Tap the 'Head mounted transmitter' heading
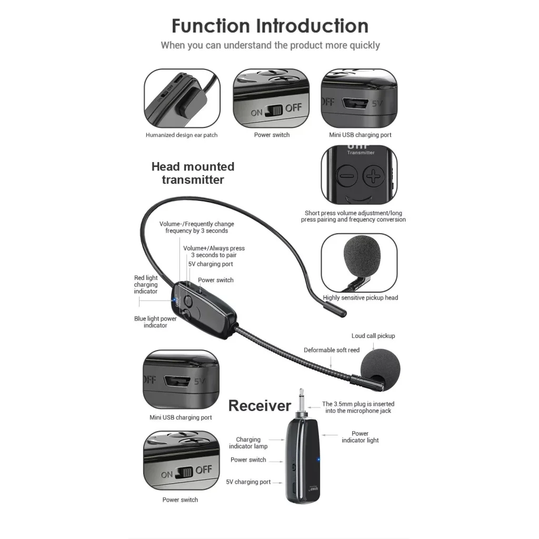point(193,173)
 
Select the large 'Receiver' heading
point(259,405)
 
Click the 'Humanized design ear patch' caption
point(182,135)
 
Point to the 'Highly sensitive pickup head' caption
point(361,298)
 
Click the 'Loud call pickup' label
point(373,336)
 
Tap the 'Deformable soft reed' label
point(332,350)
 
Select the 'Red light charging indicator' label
point(146,285)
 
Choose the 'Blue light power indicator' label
point(155,322)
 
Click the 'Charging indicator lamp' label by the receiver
point(248,443)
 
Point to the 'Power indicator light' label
point(360,437)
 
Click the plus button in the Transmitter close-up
point(373,176)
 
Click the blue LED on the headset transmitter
point(174,301)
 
